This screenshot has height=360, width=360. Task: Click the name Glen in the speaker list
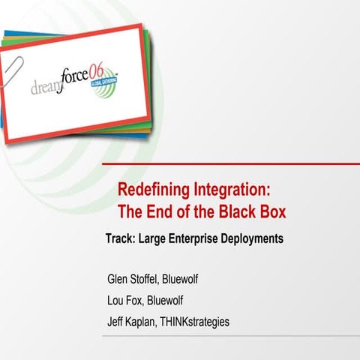tap(119, 280)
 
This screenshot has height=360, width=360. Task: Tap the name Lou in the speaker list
tap(118, 301)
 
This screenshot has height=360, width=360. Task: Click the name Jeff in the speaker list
tap(118, 322)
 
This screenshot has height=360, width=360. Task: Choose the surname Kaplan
tap(149, 322)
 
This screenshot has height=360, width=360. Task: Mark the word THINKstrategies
tap(199, 322)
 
